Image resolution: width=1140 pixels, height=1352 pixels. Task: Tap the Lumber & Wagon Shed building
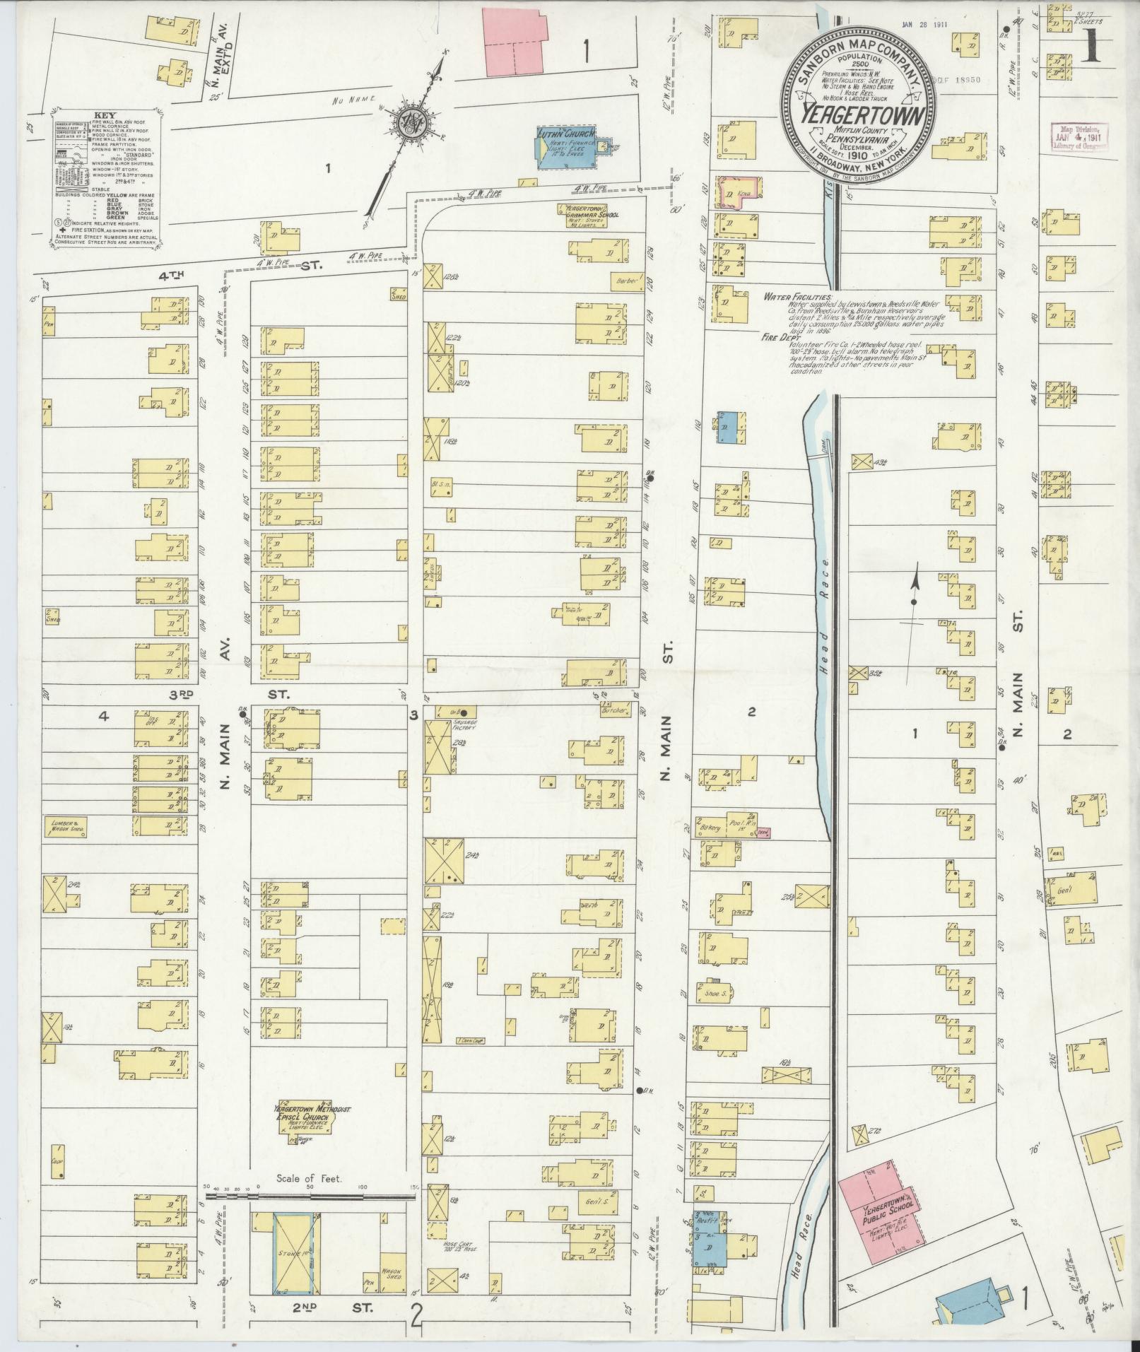click(x=66, y=826)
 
